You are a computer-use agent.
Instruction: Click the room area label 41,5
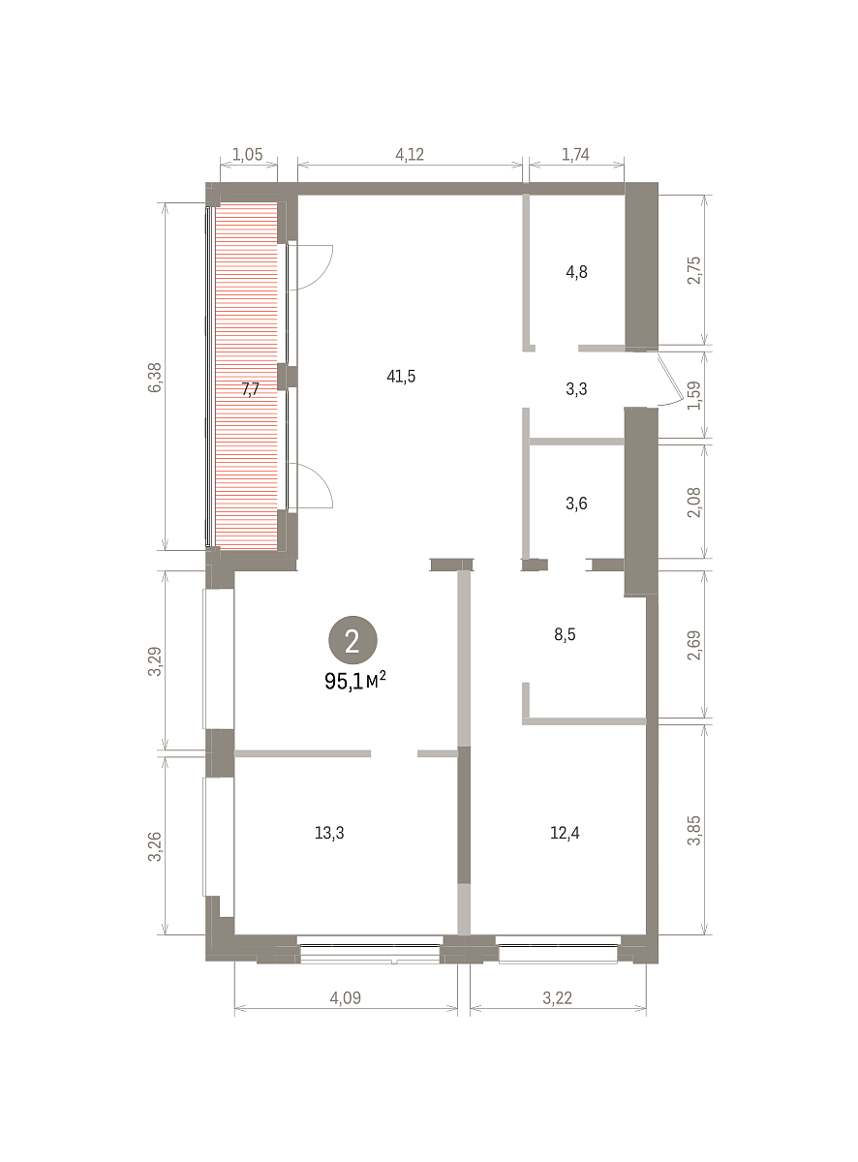click(x=401, y=377)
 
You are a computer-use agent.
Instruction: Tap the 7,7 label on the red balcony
click(x=251, y=389)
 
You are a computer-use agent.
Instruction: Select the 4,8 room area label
click(x=576, y=272)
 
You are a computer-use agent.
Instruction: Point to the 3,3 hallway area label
click(x=576, y=389)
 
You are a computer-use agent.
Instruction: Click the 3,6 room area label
click(x=576, y=504)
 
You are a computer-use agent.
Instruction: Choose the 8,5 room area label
click(x=565, y=635)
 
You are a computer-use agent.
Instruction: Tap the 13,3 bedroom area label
click(x=329, y=833)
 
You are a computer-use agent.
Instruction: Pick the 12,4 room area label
click(x=565, y=833)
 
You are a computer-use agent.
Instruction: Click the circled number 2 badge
click(x=352, y=640)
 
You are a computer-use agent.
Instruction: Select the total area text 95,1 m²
click(x=355, y=681)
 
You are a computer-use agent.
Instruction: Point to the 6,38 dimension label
click(x=156, y=378)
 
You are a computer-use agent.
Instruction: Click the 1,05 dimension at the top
click(x=247, y=155)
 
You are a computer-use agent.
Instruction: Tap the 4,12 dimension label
click(x=410, y=155)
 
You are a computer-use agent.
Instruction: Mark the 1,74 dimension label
click(x=575, y=155)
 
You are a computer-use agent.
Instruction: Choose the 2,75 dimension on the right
click(x=694, y=270)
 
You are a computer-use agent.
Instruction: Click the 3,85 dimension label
click(x=694, y=831)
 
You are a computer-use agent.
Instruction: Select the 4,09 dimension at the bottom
click(x=346, y=998)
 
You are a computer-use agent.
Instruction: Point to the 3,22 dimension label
click(x=557, y=998)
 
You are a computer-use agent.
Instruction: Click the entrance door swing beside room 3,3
click(x=672, y=380)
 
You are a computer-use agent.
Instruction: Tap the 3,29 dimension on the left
click(x=156, y=661)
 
